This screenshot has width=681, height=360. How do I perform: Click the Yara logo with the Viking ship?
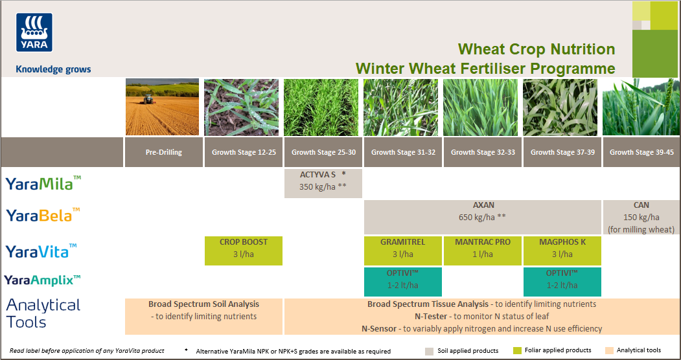click(34, 32)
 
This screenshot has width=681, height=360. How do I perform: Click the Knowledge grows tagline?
click(53, 69)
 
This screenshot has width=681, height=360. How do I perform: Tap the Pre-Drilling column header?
click(163, 153)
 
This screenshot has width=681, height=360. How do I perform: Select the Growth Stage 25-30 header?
click(323, 153)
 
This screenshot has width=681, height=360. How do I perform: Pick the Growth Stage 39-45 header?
click(641, 153)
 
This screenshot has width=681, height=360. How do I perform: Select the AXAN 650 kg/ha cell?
click(482, 217)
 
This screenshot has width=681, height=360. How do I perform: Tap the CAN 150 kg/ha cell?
click(641, 217)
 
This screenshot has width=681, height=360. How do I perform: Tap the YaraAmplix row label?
click(43, 280)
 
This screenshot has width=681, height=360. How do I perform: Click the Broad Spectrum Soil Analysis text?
click(203, 304)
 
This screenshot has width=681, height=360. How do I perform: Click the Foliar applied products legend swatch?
click(516, 351)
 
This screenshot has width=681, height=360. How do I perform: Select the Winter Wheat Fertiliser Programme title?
click(485, 68)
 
